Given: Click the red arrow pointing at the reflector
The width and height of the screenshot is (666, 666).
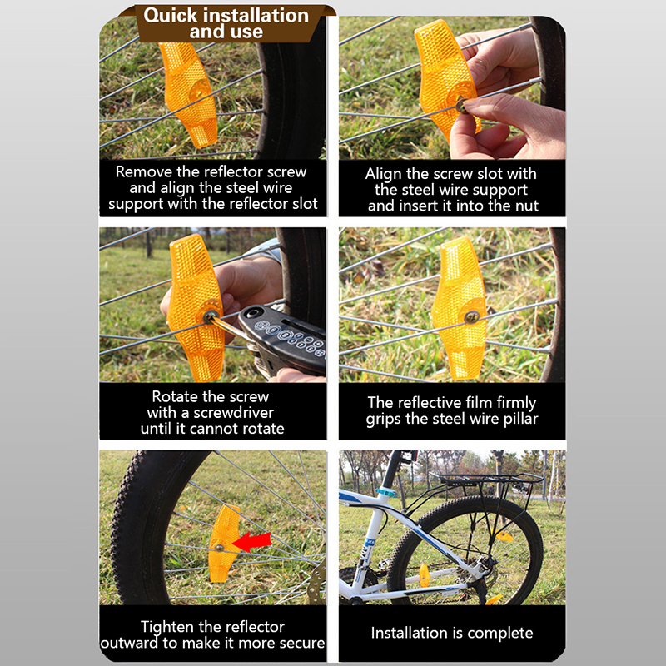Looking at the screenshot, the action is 252,542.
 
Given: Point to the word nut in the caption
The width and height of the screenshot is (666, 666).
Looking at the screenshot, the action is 527,206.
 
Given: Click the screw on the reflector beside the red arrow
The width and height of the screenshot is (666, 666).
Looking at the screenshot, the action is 219,548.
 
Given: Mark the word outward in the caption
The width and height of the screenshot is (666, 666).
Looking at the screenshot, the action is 129,643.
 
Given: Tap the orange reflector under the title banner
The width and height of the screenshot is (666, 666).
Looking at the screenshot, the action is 188,94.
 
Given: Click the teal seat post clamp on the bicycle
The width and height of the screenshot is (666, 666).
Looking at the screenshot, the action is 385,492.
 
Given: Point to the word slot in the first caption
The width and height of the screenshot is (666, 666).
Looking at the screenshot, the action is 305,204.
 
